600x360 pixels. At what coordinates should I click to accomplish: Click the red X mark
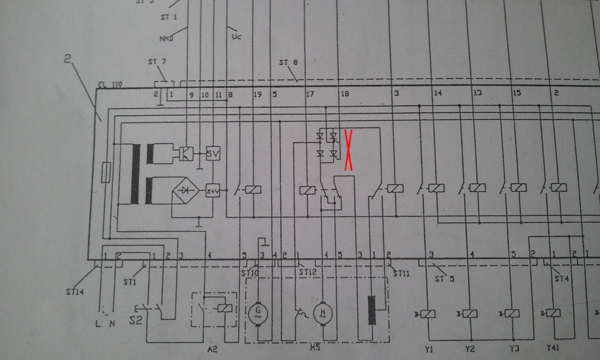(348, 150)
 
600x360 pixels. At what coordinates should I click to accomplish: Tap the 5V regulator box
(213, 153)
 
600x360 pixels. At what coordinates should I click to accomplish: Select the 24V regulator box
(213, 191)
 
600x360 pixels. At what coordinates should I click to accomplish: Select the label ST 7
(157, 61)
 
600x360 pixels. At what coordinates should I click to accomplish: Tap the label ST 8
(288, 62)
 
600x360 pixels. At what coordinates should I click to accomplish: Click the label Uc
(236, 37)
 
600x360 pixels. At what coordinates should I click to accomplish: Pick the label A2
(212, 349)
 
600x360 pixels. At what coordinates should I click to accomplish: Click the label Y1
(429, 349)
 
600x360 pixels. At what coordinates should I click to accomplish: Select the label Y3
(514, 349)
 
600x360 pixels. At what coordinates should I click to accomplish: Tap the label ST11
(401, 273)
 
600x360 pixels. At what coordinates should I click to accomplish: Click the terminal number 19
(257, 94)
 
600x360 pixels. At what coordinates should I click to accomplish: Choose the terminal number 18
(345, 93)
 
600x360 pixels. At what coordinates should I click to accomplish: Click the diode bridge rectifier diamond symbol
(185, 190)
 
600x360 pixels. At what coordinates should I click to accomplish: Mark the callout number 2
(67, 58)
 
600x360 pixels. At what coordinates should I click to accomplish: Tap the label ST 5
(444, 279)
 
